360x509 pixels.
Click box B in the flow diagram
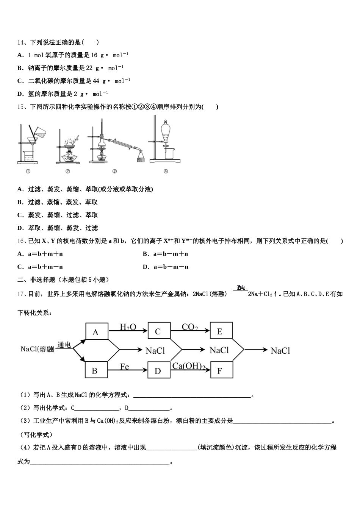tap(95, 371)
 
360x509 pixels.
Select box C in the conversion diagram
tap(158, 332)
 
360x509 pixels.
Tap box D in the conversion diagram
tap(158, 371)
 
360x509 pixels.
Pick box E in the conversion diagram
tap(220, 332)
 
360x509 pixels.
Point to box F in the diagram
tap(220, 371)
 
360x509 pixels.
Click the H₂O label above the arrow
tap(128, 327)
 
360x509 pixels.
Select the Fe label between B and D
tap(125, 366)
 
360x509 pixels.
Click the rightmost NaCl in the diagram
tap(280, 351)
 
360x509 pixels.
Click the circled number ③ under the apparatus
tap(114, 171)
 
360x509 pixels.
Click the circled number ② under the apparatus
tap(67, 171)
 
